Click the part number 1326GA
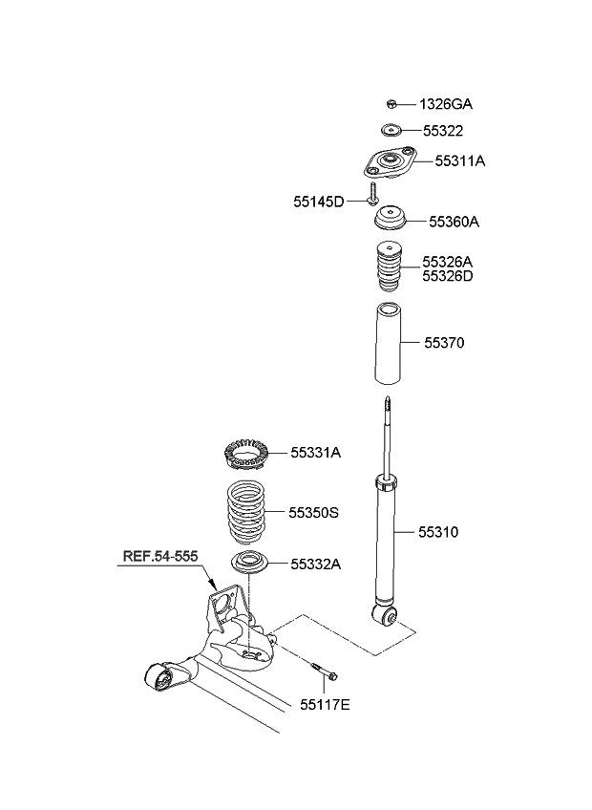pos(446,103)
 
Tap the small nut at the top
pos(391,103)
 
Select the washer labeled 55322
pos(390,131)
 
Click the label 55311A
pos(459,161)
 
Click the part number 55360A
pos(454,222)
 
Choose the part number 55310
pos(437,531)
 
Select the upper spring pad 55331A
pos(244,453)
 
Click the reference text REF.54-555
pos(161,555)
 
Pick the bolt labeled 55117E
pos(323,671)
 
